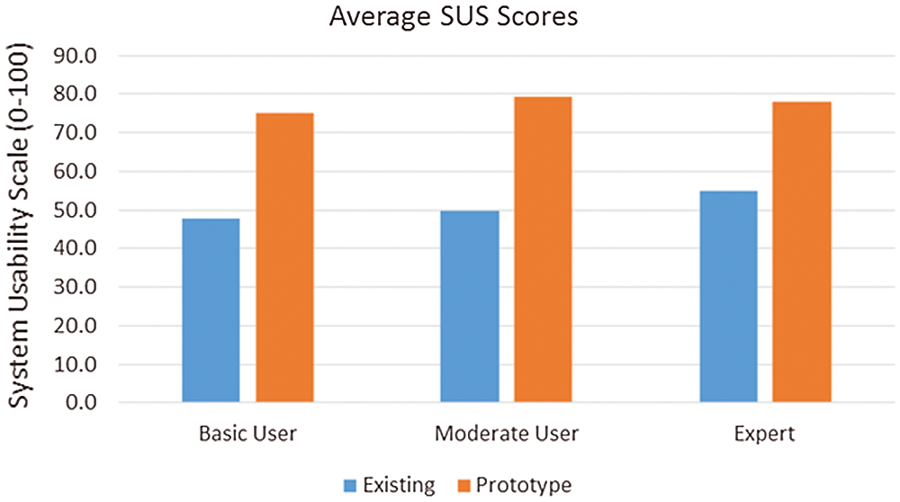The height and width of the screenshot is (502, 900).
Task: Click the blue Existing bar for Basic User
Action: click(x=211, y=310)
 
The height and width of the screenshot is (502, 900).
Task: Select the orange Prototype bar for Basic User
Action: click(x=284, y=257)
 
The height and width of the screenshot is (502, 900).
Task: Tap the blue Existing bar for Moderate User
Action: click(x=470, y=306)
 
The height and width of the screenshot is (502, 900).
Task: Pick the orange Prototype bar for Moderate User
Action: click(x=543, y=249)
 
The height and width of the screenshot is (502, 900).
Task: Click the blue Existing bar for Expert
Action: click(x=728, y=296)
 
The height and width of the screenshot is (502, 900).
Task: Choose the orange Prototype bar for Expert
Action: click(x=802, y=252)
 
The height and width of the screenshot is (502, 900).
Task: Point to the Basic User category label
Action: click(x=247, y=435)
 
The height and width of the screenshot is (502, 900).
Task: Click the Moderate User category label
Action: click(x=506, y=435)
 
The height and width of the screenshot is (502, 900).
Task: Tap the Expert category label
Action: click(x=764, y=435)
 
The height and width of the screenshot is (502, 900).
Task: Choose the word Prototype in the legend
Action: click(x=523, y=486)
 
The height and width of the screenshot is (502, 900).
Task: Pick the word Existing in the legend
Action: click(x=399, y=486)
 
